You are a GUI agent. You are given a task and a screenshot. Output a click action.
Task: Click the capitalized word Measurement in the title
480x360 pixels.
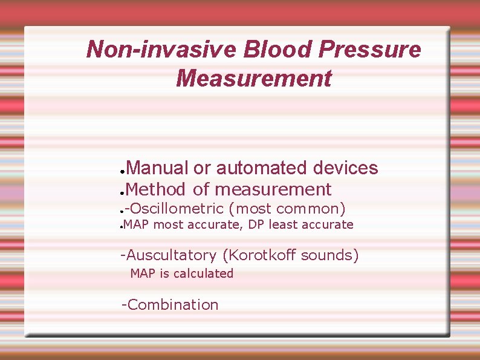(254, 78)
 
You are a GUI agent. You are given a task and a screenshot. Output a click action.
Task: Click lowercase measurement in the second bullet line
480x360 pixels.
(273, 189)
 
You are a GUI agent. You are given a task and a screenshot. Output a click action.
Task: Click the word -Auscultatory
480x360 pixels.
(169, 255)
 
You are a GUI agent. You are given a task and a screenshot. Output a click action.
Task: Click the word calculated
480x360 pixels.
(205, 273)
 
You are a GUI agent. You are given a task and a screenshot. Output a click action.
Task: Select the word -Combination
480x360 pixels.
(170, 305)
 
